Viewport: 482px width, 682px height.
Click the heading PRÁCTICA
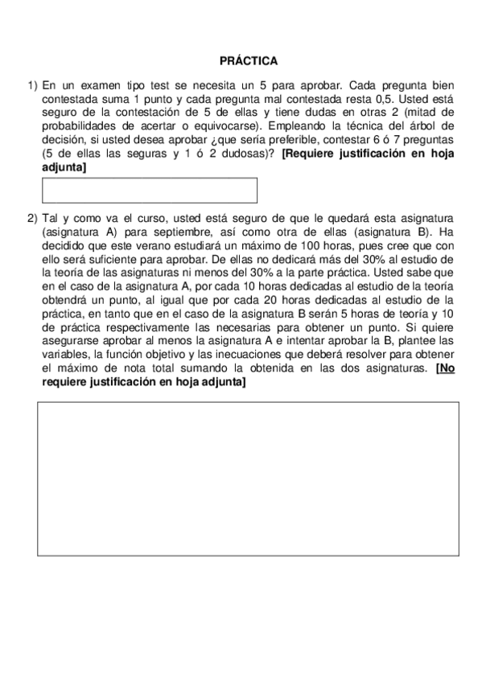pyautogui.click(x=249, y=60)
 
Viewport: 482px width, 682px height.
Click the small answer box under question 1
pyautogui.click(x=149, y=190)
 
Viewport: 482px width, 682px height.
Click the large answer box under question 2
pyautogui.click(x=248, y=478)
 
